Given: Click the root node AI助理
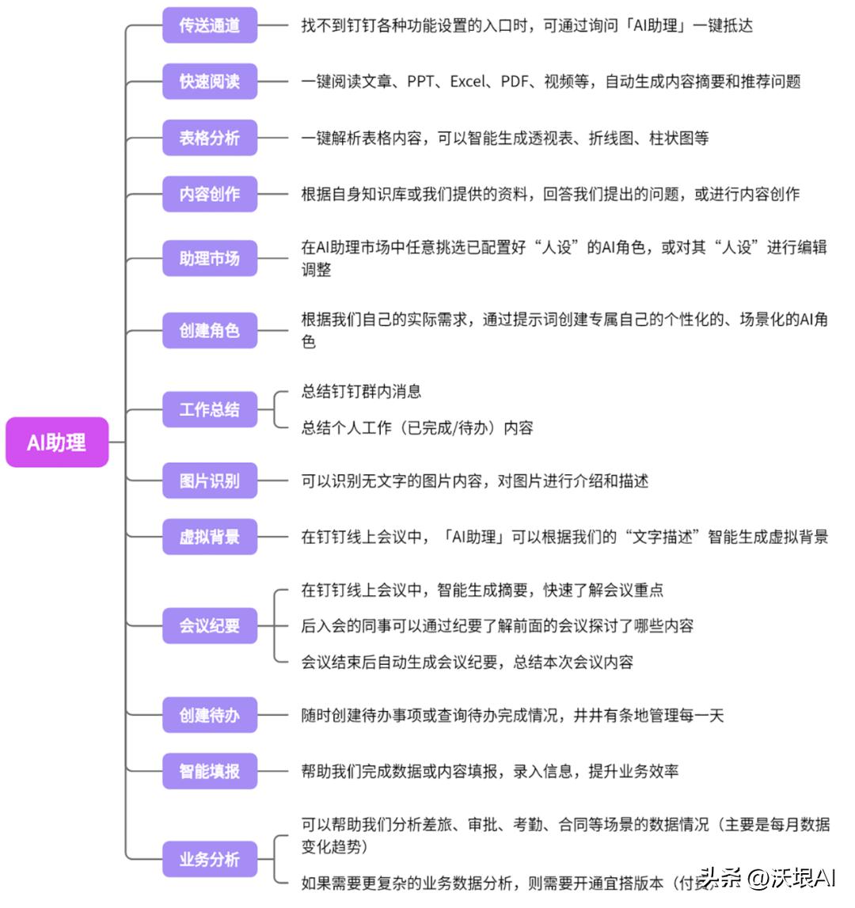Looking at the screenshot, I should coord(56,442).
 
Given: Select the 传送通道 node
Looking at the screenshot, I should coord(210,25).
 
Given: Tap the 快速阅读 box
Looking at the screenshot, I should coord(210,82).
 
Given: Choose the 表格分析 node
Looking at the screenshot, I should coord(210,138).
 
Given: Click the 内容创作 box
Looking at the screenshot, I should coord(210,194).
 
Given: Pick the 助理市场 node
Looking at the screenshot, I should coord(210,258).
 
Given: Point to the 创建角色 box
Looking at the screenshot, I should coord(210,330).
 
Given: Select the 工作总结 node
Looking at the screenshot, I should coord(210,409).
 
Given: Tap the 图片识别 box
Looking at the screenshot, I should coord(210,481).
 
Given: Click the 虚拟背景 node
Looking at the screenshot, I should coord(210,537).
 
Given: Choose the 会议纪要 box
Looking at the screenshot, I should coord(210,625).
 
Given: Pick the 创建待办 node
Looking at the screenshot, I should coord(210,715).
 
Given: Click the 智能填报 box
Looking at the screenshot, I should coord(210,771).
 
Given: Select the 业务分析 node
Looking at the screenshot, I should coord(210,859).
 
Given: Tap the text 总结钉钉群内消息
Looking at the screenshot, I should coord(361,391).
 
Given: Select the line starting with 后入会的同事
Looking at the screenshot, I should coord(496,625).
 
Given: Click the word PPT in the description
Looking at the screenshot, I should coord(420,82).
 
